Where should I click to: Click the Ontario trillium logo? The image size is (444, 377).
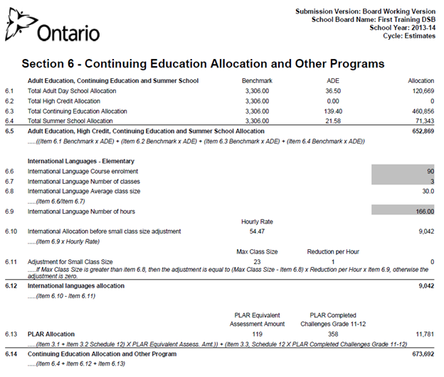pos(20,30)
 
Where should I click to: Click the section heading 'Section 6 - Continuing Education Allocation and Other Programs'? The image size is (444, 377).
pos(203,64)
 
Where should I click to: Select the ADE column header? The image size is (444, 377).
pos(332,81)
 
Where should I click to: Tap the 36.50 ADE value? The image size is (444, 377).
pos(333,92)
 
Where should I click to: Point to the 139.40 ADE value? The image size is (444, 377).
pos(332,111)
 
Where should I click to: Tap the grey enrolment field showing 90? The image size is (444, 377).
pos(403,172)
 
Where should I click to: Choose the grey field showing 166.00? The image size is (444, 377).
pos(403,212)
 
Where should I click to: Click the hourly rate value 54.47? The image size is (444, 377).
pos(255,231)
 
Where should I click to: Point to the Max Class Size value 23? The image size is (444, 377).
pos(255,262)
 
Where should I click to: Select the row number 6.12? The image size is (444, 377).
pos(11,285)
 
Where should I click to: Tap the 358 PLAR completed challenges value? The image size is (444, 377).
pos(332,333)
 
